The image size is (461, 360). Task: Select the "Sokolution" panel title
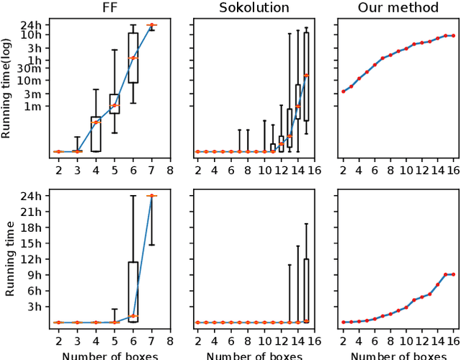pos(256,8)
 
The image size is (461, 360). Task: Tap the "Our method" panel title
pos(398,8)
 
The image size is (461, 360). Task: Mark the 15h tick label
pos(33,244)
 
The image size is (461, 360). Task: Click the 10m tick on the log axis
pos(33,82)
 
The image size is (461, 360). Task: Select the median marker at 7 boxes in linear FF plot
pos(151,196)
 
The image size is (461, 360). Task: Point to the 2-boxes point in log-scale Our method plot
pos(343,91)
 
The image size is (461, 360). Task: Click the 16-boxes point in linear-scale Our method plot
pos(453,274)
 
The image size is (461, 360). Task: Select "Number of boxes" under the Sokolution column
pos(256,355)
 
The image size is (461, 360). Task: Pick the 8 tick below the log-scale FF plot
pos(170,171)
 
